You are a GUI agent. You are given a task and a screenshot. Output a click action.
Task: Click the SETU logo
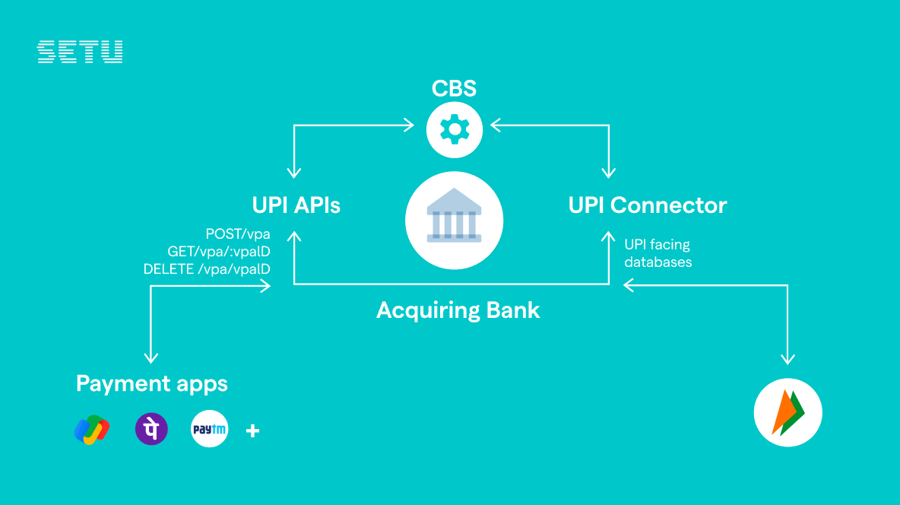[x=80, y=52]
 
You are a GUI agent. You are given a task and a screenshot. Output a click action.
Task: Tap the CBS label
[x=454, y=89]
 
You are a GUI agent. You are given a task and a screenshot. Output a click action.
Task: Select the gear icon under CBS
[x=454, y=129]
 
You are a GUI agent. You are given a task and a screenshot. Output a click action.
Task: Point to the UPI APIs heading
[x=296, y=205]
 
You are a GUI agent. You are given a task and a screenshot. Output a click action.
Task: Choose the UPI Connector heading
[x=648, y=205]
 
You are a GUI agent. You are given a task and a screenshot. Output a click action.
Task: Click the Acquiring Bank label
[x=458, y=310]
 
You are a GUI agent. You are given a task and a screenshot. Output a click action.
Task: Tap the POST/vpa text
[x=238, y=233]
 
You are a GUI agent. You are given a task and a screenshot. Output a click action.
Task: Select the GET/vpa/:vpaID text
[x=219, y=251]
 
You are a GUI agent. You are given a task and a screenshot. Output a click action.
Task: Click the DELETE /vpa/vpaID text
[x=207, y=268]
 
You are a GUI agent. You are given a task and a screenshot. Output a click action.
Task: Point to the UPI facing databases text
[x=658, y=253]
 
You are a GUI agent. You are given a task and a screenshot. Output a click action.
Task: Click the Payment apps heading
[x=152, y=383]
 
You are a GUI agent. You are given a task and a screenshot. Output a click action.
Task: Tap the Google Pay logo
[x=92, y=430]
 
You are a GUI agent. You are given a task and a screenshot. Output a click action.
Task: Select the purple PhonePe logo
[x=151, y=430]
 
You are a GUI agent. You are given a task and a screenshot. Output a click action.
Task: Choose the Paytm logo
[x=209, y=430]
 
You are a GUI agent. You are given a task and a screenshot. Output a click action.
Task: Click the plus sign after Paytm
[x=253, y=431]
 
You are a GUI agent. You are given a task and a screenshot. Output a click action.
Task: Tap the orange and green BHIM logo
[x=787, y=413]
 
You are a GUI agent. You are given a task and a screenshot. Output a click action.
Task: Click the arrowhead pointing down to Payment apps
[x=151, y=357]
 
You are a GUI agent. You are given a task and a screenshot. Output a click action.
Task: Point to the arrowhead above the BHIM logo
[x=787, y=358]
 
